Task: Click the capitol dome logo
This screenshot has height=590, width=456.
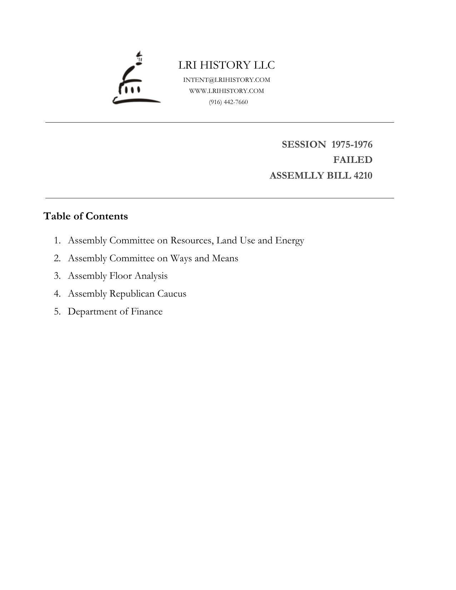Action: click(x=136, y=80)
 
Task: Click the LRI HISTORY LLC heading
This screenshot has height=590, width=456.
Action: click(x=227, y=65)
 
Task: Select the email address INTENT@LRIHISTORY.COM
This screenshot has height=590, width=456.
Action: click(x=227, y=80)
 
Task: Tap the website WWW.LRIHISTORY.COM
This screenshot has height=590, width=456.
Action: click(x=227, y=91)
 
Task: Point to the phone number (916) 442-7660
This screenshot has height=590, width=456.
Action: click(x=228, y=102)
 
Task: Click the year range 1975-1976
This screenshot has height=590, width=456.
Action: click(x=352, y=144)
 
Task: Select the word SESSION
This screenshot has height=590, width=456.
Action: click(x=304, y=144)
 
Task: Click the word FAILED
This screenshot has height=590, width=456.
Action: click(x=353, y=160)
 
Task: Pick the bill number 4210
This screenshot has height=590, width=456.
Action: click(x=362, y=175)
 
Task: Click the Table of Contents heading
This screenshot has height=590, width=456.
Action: click(x=86, y=216)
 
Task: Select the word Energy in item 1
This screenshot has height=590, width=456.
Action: click(x=289, y=241)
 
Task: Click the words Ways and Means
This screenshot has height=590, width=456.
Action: click(x=204, y=258)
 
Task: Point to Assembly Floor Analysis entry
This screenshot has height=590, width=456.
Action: click(x=118, y=276)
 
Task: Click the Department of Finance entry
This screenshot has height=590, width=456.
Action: click(x=115, y=312)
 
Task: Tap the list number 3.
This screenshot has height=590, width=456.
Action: click(x=57, y=276)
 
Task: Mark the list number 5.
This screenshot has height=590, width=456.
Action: click(x=57, y=312)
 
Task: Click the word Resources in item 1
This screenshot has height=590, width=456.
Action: click(x=192, y=241)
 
